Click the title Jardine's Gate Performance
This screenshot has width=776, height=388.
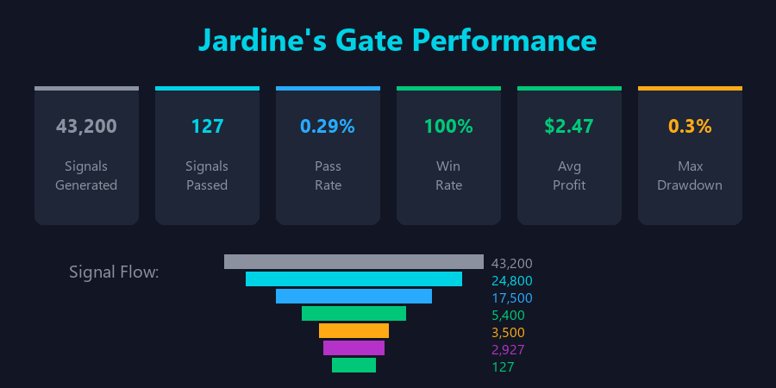coord(397,41)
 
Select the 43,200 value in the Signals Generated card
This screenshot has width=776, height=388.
coord(86,126)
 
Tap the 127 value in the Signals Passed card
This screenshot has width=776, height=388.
coord(207,126)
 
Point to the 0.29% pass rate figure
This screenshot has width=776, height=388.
coord(328,126)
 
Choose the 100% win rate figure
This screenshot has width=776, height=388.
coord(448,126)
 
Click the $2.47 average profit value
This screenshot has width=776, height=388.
coord(569,126)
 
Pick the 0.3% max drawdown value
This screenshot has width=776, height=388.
coord(690,126)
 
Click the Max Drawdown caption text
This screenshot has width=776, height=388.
coord(690,175)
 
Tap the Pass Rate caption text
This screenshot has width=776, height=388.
coord(328,175)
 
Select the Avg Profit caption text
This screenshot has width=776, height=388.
coord(569,175)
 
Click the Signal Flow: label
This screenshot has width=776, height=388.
coord(114,272)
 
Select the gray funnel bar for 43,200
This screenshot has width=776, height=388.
coord(354,261)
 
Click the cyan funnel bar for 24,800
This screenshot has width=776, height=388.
coord(354,278)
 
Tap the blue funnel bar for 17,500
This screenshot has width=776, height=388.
coord(354,296)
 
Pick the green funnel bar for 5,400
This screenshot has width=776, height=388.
coord(354,313)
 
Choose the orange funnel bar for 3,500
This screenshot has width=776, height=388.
coord(354,330)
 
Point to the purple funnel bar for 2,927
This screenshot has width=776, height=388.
coord(354,347)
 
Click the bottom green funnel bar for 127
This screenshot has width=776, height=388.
coord(354,365)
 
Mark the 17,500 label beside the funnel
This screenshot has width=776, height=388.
coord(512,298)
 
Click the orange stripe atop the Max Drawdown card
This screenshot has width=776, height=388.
coord(690,88)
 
